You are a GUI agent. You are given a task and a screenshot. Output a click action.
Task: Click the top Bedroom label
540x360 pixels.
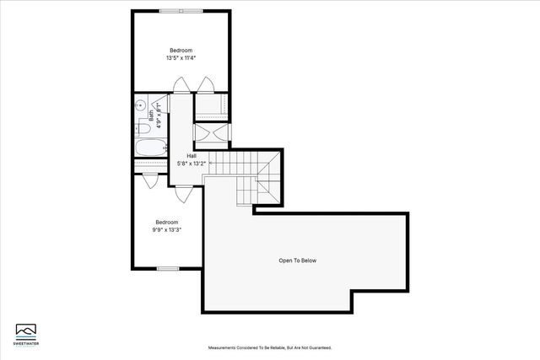[x=181, y=51]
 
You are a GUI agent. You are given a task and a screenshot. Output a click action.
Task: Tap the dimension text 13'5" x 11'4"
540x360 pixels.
[x=181, y=58]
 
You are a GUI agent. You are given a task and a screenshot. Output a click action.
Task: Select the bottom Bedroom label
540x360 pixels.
[x=166, y=223]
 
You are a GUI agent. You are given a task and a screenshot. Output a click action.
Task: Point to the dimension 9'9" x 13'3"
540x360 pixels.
[x=166, y=230]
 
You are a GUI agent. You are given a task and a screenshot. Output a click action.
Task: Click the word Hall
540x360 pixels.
[x=192, y=155]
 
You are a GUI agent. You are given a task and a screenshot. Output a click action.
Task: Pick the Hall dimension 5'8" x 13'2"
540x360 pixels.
[x=192, y=163]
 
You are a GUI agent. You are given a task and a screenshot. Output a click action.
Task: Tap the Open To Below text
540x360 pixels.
[x=297, y=261]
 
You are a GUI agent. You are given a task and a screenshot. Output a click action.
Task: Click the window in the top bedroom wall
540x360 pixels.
[x=181, y=11]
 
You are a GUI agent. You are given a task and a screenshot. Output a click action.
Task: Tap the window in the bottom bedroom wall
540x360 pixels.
[x=167, y=268]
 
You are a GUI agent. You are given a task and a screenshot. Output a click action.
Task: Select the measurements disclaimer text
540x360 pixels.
[x=270, y=347]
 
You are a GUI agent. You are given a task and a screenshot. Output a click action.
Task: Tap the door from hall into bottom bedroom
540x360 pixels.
[x=181, y=194]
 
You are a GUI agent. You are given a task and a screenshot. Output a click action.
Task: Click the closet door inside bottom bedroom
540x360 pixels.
[x=150, y=180]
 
